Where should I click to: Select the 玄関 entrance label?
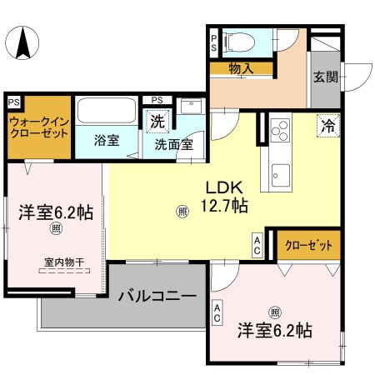(x=324, y=77)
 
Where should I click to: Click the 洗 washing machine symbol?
(x=157, y=122)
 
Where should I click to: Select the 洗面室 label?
(x=173, y=143)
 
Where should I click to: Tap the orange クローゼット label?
(x=308, y=246)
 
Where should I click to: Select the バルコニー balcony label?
(x=157, y=296)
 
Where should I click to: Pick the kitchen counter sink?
(x=279, y=175)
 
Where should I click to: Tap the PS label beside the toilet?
(x=213, y=42)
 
